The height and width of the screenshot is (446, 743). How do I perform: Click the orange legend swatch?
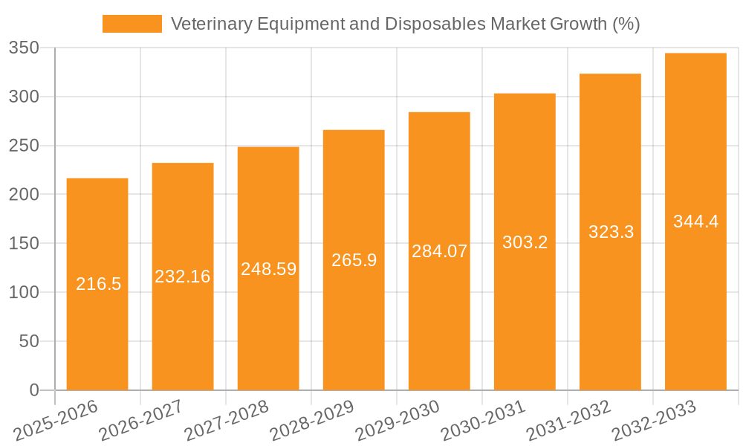pyautogui.click(x=132, y=24)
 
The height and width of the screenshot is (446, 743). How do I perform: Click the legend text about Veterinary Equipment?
pyautogui.click(x=405, y=24)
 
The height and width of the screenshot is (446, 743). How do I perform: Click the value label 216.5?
pyautogui.click(x=98, y=284)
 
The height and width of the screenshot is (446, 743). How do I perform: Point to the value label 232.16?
pyautogui.click(x=183, y=277)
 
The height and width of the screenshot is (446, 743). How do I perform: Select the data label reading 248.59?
pyautogui.click(x=268, y=269)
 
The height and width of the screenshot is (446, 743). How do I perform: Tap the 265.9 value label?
pyautogui.click(x=354, y=260)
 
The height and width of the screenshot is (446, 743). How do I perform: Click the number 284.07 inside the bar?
pyautogui.click(x=439, y=251)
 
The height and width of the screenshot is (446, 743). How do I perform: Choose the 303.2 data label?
pyautogui.click(x=525, y=242)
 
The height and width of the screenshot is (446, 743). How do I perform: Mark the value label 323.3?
pyautogui.click(x=611, y=232)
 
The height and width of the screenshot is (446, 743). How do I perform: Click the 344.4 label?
pyautogui.click(x=695, y=222)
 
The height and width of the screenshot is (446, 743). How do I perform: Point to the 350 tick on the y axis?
pyautogui.click(x=24, y=48)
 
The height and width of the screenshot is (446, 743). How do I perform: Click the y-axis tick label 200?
pyautogui.click(x=24, y=195)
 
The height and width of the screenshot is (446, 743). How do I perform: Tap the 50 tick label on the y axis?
pyautogui.click(x=30, y=341)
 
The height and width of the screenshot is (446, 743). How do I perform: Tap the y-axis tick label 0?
pyautogui.click(x=34, y=390)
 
